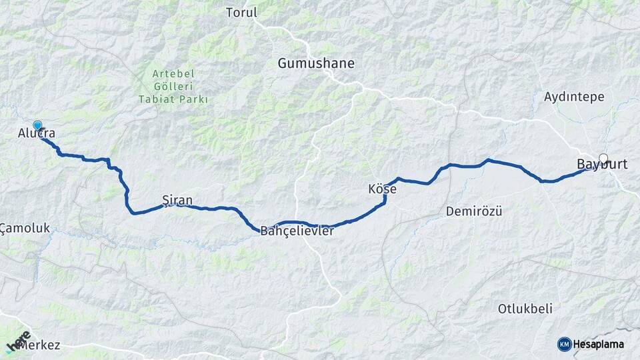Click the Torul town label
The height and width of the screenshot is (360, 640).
point(241,13)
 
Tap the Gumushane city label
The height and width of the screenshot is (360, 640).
point(316,63)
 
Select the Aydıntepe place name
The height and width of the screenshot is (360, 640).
point(574,97)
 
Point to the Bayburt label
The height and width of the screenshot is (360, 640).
point(602,164)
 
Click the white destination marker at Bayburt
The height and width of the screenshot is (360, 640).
point(604,158)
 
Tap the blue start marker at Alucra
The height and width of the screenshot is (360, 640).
point(37,125)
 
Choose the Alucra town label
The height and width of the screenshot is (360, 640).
point(36,135)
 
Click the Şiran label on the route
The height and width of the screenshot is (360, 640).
point(177,200)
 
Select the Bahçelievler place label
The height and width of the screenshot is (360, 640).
point(297,231)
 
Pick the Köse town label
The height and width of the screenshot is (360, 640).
point(382,189)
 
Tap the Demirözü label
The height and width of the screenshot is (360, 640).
point(473,211)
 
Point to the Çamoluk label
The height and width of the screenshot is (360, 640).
point(25,228)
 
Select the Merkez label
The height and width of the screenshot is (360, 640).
point(41,345)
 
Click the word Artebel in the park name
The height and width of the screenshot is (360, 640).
point(173,73)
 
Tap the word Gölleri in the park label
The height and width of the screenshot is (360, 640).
point(173,86)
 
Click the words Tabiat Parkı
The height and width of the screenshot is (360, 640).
point(173,99)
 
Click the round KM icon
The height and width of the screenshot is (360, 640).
point(564,344)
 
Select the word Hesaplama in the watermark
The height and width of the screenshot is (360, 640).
point(599,344)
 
